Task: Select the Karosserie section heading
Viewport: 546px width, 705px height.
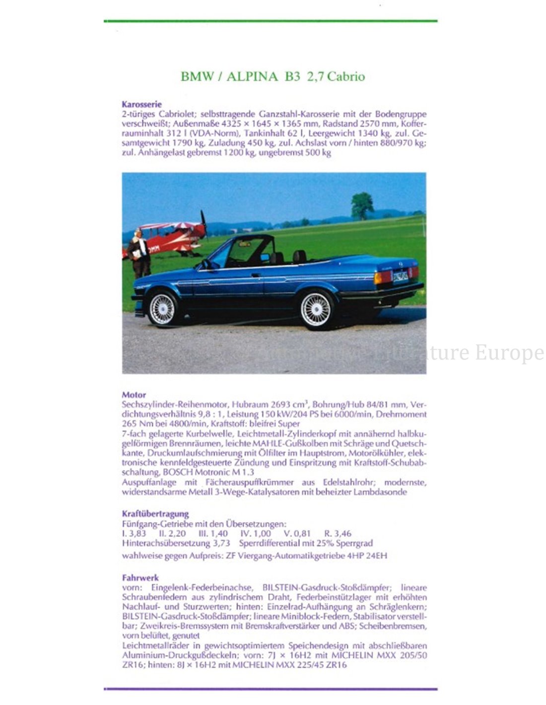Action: pos(141,105)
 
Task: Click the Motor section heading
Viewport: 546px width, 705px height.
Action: pos(134,395)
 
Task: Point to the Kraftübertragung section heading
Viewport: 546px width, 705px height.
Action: pos(155,514)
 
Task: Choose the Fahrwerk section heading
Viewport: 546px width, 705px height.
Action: pos(140,578)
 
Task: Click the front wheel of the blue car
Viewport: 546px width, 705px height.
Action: pos(162,308)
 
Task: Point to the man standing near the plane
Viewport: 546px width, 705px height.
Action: pos(139,253)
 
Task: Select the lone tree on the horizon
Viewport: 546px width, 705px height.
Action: pos(362,205)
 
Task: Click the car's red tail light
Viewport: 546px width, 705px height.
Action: pos(383,277)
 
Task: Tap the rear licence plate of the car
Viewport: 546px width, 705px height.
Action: pos(401,276)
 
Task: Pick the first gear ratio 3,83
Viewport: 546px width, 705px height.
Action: pos(137,533)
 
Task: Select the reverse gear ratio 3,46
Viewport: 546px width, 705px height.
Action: pos(341,533)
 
